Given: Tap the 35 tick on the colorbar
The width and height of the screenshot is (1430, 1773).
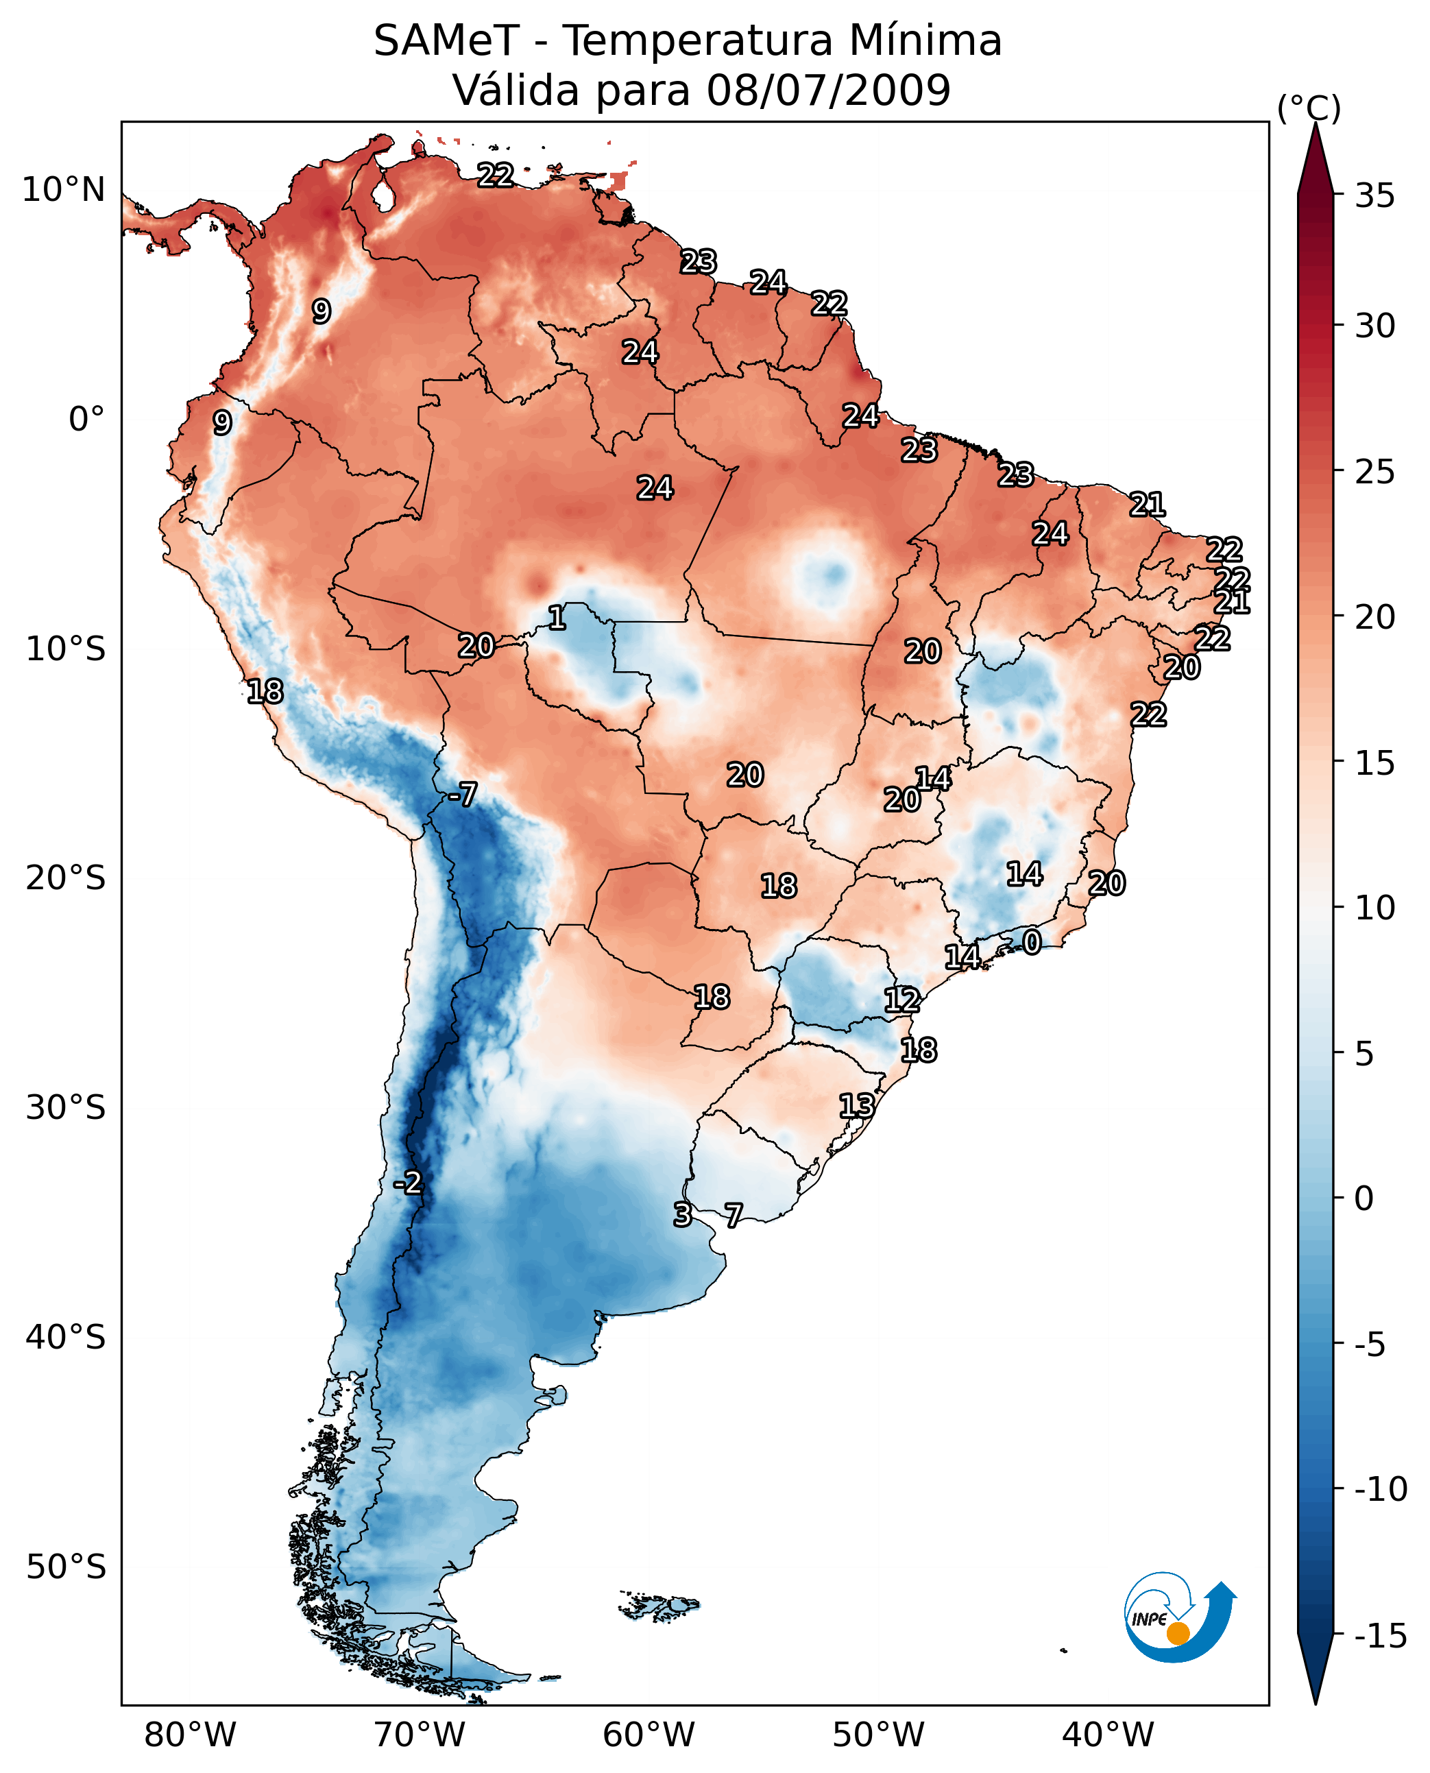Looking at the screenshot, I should click(x=1374, y=196).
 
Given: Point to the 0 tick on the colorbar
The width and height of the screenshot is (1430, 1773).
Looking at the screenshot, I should click(x=1364, y=1198).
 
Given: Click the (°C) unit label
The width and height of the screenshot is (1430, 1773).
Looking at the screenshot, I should click(x=1309, y=108).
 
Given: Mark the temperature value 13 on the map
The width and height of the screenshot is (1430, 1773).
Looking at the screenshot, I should click(x=857, y=1106).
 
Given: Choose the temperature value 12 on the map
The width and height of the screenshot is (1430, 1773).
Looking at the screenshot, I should click(x=902, y=1000).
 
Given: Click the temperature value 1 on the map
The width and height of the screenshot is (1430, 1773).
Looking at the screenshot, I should click(x=557, y=617).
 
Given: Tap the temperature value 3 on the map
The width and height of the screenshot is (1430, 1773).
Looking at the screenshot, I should click(x=682, y=1214).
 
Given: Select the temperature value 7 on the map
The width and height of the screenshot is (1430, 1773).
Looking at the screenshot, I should click(x=733, y=1214).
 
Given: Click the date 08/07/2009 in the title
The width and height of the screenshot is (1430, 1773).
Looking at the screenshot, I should click(x=828, y=90).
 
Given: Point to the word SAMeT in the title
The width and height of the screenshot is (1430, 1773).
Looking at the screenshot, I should click(x=446, y=41).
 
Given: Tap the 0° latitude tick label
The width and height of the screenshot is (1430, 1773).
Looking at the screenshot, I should click(x=86, y=420).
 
